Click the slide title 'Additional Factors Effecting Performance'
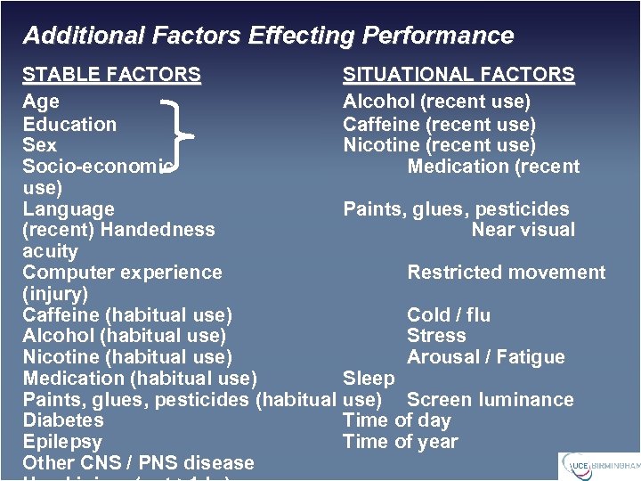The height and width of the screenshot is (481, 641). [268, 36]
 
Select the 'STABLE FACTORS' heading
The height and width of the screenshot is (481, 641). [111, 75]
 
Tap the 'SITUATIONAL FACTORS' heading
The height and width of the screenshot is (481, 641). [458, 75]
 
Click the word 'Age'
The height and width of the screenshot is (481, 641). [41, 102]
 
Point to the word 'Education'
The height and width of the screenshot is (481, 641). [69, 124]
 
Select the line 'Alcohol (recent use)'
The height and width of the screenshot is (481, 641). [436, 102]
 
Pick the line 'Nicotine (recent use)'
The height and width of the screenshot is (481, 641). [439, 144]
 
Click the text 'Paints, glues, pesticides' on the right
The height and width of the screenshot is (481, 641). [456, 209]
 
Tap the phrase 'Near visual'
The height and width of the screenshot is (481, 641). [523, 230]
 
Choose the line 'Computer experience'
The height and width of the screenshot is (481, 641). [122, 273]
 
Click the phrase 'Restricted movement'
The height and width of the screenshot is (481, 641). [506, 273]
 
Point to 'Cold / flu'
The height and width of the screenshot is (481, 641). [449, 315]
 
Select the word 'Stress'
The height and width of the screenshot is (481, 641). [436, 336]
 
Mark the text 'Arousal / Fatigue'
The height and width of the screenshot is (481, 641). [485, 357]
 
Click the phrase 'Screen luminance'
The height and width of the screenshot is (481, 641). [490, 400]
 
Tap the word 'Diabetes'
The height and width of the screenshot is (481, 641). [62, 420]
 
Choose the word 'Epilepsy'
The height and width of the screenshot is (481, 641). [62, 442]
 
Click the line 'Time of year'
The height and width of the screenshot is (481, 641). [400, 442]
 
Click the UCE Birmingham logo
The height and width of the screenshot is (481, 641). [599, 466]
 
